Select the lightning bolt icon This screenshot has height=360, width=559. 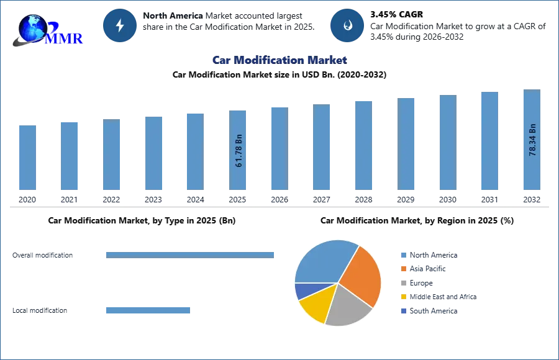[120, 25]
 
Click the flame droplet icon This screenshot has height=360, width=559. [347, 25]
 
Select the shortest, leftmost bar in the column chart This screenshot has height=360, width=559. [27, 158]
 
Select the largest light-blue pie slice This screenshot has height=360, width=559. [323, 261]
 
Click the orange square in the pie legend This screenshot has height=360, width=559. [403, 269]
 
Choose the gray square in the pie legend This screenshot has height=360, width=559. [403, 283]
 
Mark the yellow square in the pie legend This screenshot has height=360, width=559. [403, 297]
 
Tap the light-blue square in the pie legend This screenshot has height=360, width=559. [403, 254]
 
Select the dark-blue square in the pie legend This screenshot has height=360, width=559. [403, 312]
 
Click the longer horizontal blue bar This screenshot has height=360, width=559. [191, 254]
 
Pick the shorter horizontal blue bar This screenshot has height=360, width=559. [149, 310]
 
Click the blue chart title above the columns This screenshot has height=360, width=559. [279, 60]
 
